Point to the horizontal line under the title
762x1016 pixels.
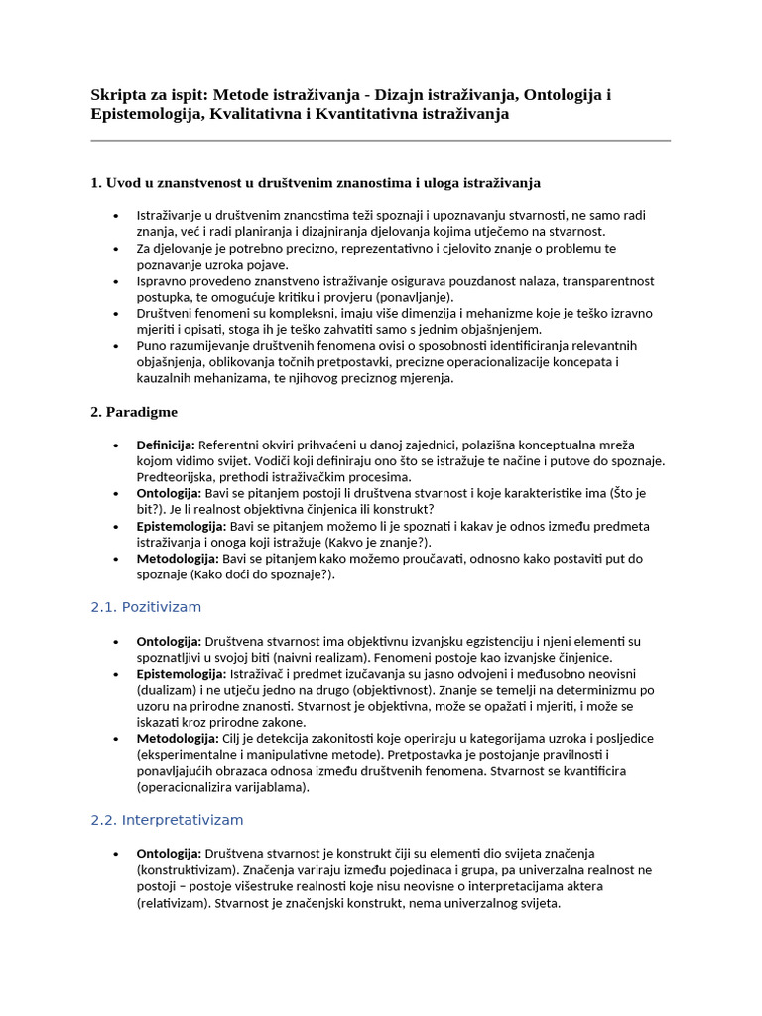pyautogui.click(x=380, y=141)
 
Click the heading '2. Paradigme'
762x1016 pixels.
pyautogui.click(x=134, y=412)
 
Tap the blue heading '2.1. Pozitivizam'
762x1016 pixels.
pyautogui.click(x=146, y=607)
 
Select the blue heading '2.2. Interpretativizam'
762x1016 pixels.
pyautogui.click(x=167, y=820)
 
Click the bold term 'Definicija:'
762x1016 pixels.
pyautogui.click(x=166, y=444)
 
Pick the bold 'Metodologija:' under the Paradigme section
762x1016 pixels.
pyautogui.click(x=178, y=559)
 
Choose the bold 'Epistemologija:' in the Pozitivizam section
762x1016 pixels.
pyautogui.click(x=182, y=674)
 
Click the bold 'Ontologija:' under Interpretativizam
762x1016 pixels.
pyautogui.click(x=169, y=854)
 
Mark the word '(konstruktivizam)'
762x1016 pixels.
pyautogui.click(x=187, y=870)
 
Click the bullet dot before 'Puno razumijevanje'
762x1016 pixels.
pyautogui.click(x=116, y=346)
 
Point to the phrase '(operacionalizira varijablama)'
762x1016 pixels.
pyautogui.click(x=223, y=787)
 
